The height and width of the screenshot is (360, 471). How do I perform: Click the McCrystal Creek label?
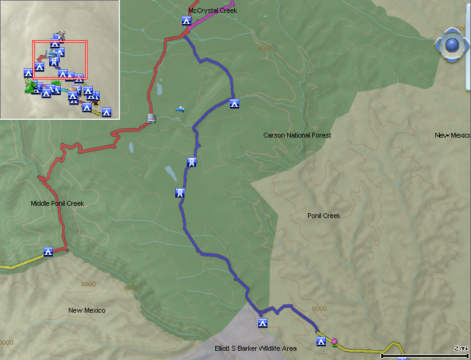coord(212,10)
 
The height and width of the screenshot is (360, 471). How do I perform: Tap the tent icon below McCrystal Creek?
coord(186,21)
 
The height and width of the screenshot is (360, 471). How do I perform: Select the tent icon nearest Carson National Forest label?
coord(234,103)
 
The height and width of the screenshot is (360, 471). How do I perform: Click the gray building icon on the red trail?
coord(151,118)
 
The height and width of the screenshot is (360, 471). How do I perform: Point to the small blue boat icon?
coord(180,109)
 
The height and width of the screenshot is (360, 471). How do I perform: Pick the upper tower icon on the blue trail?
coord(192,162)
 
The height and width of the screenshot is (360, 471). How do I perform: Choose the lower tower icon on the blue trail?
coord(180,193)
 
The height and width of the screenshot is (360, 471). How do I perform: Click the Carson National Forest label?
coord(297,135)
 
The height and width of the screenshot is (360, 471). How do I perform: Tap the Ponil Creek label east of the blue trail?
coord(323,216)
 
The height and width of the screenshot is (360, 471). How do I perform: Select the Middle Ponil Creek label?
coord(57,203)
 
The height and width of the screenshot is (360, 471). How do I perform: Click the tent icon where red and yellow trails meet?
coord(48,251)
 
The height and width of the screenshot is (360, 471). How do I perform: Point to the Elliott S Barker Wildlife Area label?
coord(255,348)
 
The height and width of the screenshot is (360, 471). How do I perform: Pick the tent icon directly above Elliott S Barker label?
coord(263,323)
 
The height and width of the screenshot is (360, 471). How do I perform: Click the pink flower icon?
coord(334,341)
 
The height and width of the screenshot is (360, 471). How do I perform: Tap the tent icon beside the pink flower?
coord(320,341)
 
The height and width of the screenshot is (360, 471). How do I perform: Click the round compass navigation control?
coord(452,45)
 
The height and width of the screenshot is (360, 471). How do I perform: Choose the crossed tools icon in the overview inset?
coord(60,35)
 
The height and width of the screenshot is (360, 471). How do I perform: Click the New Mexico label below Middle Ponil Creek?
coord(87,310)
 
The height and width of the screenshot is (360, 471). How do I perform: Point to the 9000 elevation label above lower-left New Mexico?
coord(88,284)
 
